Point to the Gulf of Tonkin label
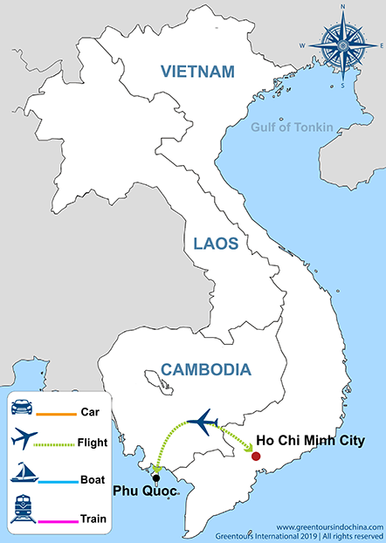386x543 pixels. [x=292, y=127]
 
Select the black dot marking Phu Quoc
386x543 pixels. [x=155, y=478]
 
